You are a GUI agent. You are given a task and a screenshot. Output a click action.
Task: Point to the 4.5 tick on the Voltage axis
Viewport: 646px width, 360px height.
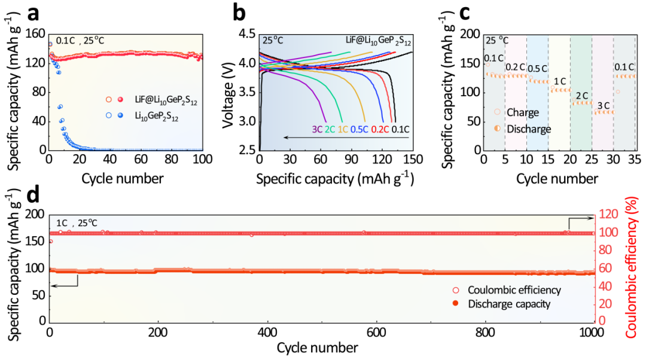246,33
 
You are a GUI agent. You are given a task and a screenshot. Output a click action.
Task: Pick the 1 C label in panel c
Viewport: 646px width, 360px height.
560,81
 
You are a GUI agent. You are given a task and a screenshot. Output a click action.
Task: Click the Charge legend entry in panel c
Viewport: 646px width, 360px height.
518,112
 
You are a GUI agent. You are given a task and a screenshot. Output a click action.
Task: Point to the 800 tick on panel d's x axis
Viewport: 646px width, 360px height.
485,332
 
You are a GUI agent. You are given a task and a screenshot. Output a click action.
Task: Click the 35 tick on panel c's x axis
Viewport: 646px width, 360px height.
635,161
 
